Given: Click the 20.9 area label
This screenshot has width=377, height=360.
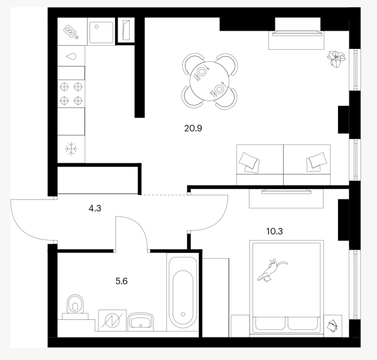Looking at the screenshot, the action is pyautogui.click(x=193, y=129).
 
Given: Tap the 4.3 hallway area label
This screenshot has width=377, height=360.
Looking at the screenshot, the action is pyautogui.click(x=95, y=208).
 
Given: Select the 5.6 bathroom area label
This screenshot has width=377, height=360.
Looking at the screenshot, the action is pyautogui.click(x=122, y=281).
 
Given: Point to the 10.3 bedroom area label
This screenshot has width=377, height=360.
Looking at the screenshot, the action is pyautogui.click(x=274, y=231).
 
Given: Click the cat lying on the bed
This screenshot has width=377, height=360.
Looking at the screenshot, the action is pyautogui.click(x=271, y=270).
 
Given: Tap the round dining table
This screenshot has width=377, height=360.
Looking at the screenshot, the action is pyautogui.click(x=209, y=81).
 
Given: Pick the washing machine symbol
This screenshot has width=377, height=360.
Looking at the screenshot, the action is pyautogui.click(x=112, y=320).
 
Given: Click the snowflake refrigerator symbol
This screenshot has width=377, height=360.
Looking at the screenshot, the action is pyautogui.click(x=71, y=149).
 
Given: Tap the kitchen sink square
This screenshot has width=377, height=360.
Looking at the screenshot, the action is pyautogui.click(x=101, y=32).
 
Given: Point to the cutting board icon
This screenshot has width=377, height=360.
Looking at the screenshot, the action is pyautogui.click(x=71, y=32).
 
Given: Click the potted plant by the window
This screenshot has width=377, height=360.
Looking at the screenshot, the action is pyautogui.click(x=336, y=59).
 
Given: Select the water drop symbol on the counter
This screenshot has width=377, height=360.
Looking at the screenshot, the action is pyautogui.click(x=71, y=57).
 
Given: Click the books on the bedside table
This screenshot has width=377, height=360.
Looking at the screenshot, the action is pyautogui.click(x=333, y=326).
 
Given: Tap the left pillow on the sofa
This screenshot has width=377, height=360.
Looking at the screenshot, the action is pyautogui.click(x=249, y=162).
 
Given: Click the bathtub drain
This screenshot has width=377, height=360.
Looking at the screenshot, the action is pyautogui.click(x=183, y=314).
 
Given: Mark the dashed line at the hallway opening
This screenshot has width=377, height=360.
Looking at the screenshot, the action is pyautogui.click(x=164, y=194).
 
